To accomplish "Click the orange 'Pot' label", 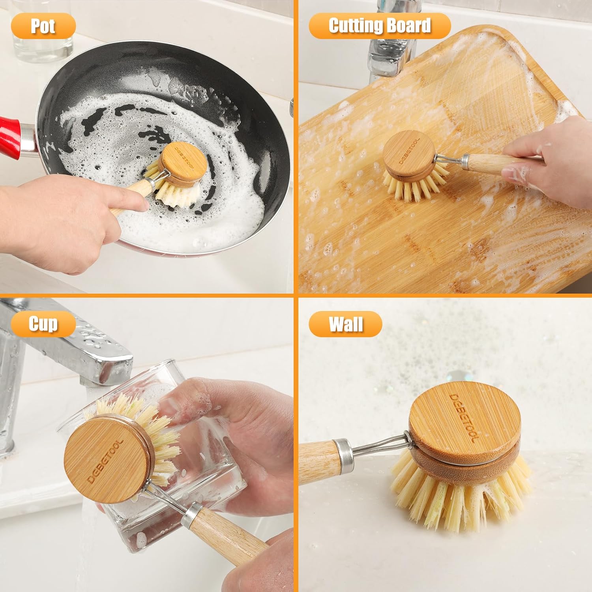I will coord(43,26).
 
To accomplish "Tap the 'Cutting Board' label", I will coord(379,26).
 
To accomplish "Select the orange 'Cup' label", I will coord(43,324).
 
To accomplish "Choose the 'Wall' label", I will coord(345,324).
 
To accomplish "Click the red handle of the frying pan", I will coord(9,136).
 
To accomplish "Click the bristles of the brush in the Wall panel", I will coord(462,497).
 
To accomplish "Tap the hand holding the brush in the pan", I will coord(67,221).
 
